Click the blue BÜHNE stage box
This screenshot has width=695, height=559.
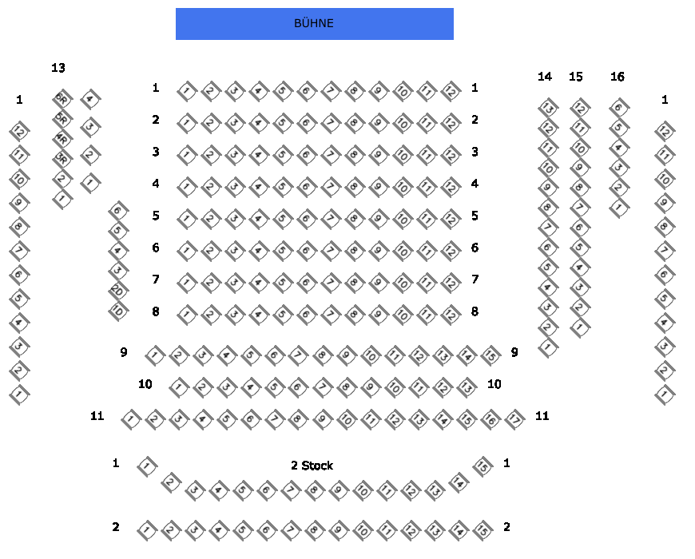314,24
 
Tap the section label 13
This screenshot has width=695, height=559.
58,69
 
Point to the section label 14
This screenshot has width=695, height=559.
545,77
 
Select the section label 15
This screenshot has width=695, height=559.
576,77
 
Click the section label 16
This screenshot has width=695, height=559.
618,77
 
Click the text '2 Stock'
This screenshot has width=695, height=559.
312,466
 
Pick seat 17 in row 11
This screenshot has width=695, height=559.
514,418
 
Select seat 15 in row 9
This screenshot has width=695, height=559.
490,355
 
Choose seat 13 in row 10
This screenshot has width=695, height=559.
467,387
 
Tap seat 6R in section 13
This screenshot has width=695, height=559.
62,100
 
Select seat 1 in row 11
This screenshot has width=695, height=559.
130,418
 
